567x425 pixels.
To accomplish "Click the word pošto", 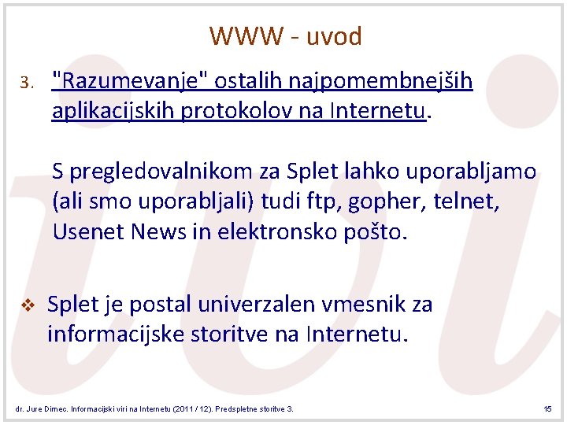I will click(374, 232).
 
